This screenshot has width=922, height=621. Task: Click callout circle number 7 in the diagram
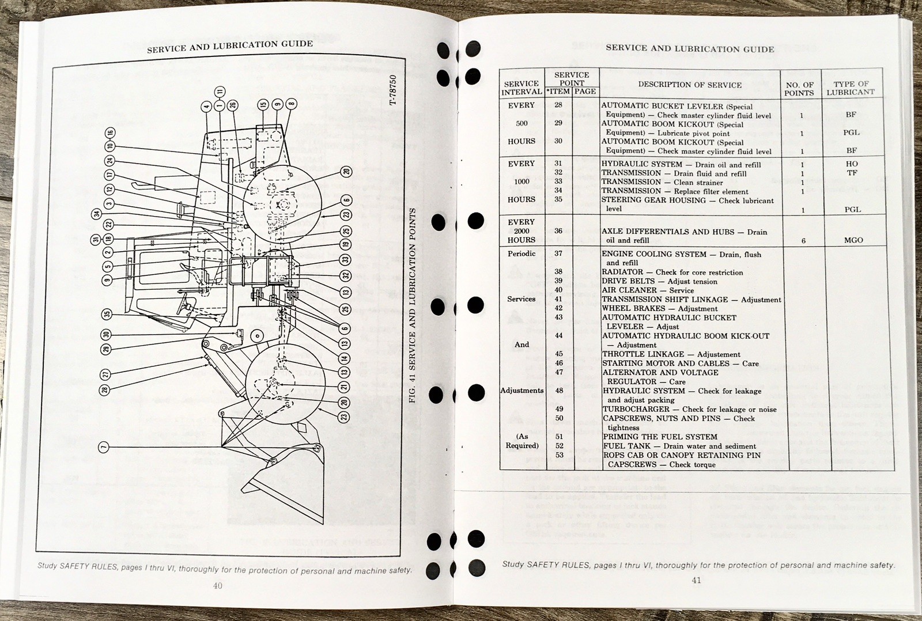click(x=104, y=447)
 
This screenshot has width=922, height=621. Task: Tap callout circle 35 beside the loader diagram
click(x=106, y=314)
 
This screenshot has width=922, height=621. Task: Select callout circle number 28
click(x=104, y=390)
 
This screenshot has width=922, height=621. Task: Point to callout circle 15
click(x=263, y=104)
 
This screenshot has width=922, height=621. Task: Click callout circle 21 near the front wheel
click(x=344, y=388)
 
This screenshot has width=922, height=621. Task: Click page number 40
click(x=217, y=585)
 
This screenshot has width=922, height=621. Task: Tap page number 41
click(x=696, y=580)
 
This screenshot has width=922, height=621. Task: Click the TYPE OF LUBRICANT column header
click(x=851, y=88)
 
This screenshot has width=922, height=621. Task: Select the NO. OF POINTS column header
click(x=799, y=89)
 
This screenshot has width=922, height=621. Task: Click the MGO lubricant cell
click(x=853, y=240)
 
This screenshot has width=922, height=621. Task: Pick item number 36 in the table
click(x=558, y=231)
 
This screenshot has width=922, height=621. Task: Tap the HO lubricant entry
click(x=852, y=164)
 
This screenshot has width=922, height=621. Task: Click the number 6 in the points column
click(x=803, y=241)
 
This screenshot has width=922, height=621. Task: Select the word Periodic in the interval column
click(x=522, y=253)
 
